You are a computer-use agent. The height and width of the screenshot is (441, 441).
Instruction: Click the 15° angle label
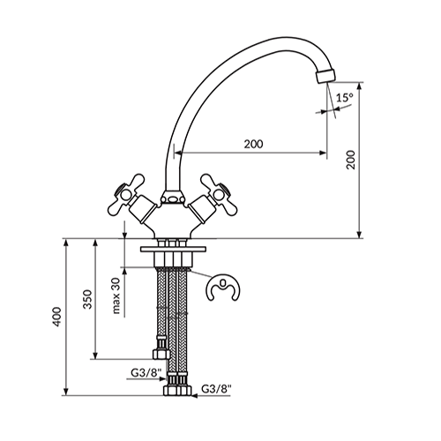(345, 98)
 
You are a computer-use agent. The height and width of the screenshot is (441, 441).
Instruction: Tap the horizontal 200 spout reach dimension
(250, 153)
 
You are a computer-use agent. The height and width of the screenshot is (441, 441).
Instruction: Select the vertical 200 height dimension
(359, 161)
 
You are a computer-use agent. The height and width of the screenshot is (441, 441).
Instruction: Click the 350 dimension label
(87, 299)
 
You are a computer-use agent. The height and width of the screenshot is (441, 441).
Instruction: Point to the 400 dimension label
(56, 317)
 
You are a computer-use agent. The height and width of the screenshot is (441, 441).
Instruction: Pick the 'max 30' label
(116, 295)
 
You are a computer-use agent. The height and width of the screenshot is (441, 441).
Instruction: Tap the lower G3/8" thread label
(217, 389)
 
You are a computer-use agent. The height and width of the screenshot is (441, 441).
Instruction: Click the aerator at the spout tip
(325, 76)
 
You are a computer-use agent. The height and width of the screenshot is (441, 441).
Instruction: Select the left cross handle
(126, 194)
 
